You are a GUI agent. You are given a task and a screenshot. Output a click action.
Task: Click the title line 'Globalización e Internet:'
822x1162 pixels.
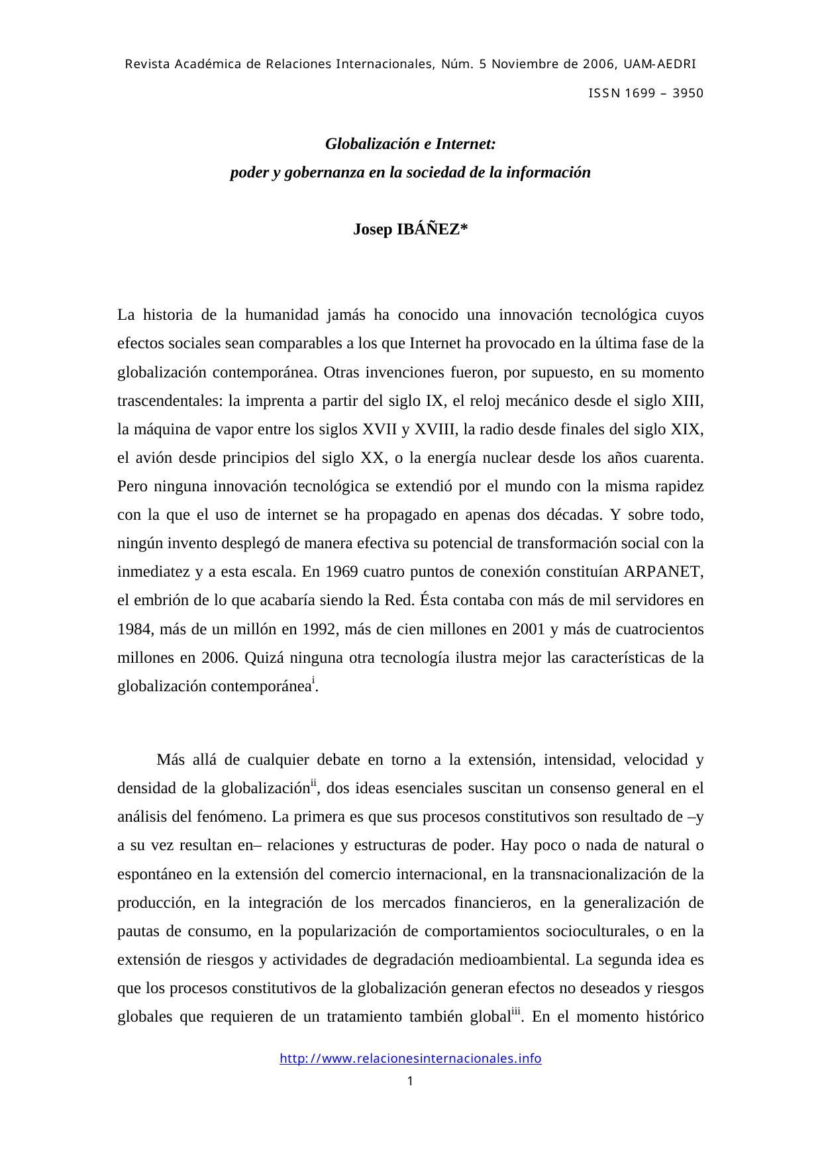pos(410,144)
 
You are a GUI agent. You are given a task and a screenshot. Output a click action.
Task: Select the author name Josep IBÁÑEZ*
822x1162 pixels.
pos(410,229)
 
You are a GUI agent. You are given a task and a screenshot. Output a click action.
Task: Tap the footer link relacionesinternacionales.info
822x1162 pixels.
pos(410,1058)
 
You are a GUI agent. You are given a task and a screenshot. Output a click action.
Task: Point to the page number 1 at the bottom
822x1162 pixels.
pos(410,1082)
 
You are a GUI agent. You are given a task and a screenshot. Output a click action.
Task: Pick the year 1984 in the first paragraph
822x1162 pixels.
pos(134,629)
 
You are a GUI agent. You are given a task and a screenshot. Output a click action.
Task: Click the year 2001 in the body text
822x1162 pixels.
pos(529,629)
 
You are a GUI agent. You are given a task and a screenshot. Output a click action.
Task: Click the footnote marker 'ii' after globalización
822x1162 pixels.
pos(314,783)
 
